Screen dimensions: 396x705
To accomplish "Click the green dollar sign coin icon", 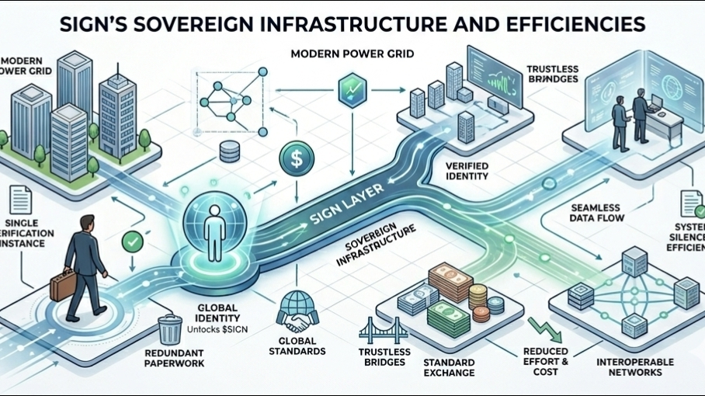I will tap(295, 160).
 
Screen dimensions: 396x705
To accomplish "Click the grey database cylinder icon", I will tap(229, 153).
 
